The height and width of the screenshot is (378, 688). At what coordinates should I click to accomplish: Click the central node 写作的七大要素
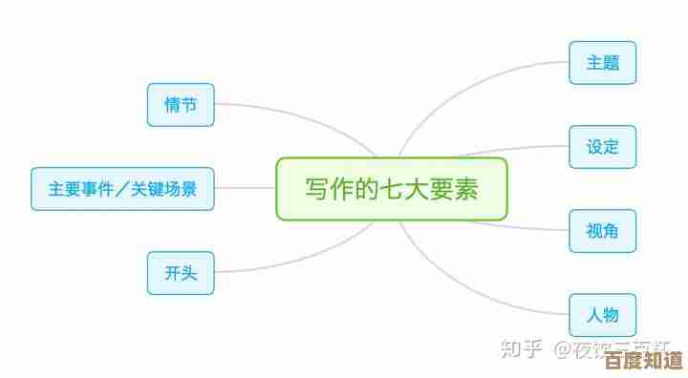pos(392,189)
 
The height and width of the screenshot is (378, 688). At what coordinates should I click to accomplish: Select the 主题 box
pos(602,63)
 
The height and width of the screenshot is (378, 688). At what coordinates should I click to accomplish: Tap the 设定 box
pos(602,147)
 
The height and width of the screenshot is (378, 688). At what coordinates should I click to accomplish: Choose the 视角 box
pos(602,231)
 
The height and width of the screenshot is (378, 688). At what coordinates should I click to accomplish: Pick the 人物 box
pos(602,314)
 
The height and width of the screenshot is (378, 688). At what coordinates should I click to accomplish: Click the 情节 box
pos(181,105)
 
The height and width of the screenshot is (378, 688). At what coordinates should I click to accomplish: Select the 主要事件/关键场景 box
pos(122,189)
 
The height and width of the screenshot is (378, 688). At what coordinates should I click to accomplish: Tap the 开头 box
pos(181,273)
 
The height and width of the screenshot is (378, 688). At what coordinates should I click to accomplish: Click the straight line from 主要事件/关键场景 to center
pos(245,189)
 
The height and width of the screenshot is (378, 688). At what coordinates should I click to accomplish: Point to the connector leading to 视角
pos(526,227)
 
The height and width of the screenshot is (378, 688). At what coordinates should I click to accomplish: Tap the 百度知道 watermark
pos(649,361)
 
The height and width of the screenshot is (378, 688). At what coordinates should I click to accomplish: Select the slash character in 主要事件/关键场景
pos(122,189)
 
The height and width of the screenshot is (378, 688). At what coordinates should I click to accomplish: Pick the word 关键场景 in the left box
pos(163,189)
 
